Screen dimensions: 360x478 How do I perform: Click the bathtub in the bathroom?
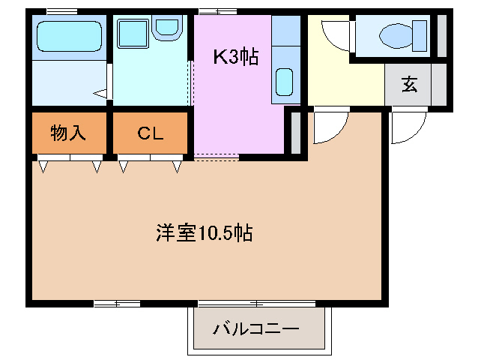pyautogui.click(x=69, y=35)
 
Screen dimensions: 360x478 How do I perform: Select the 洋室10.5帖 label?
pyautogui.click(x=204, y=233)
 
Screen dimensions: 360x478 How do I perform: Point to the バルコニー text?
pyautogui.click(x=256, y=328)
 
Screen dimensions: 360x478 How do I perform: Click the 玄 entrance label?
pyautogui.click(x=409, y=85)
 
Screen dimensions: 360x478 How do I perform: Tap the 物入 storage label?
pyautogui.click(x=68, y=133)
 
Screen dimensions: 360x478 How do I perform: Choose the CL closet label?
pyautogui.click(x=150, y=133)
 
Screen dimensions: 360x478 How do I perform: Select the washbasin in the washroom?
pyautogui.click(x=167, y=28)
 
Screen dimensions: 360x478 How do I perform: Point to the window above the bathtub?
pyautogui.click(x=61, y=10)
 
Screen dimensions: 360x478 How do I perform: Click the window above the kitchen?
pyautogui.click(x=217, y=10)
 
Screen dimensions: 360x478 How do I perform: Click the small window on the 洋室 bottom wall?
pyautogui.click(x=117, y=304)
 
